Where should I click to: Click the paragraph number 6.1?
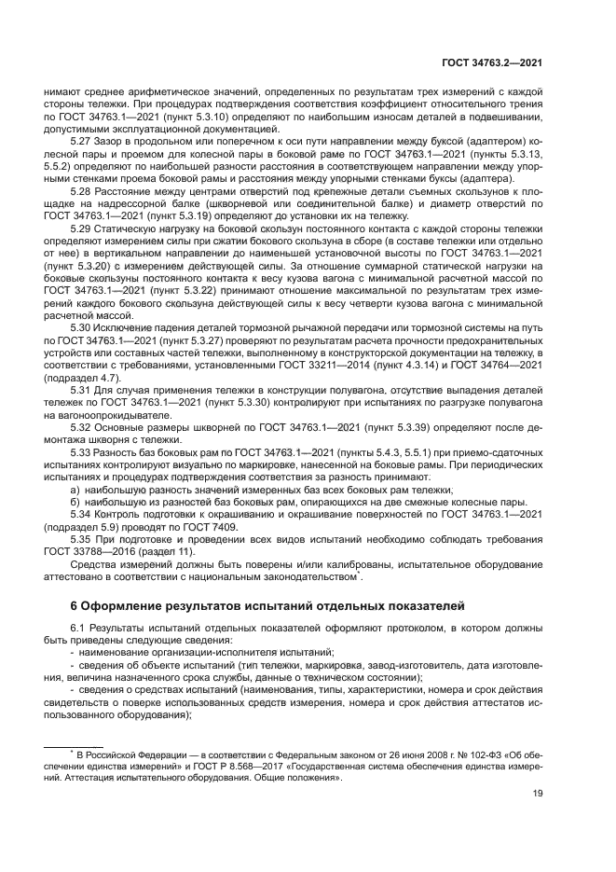(x=78, y=630)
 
